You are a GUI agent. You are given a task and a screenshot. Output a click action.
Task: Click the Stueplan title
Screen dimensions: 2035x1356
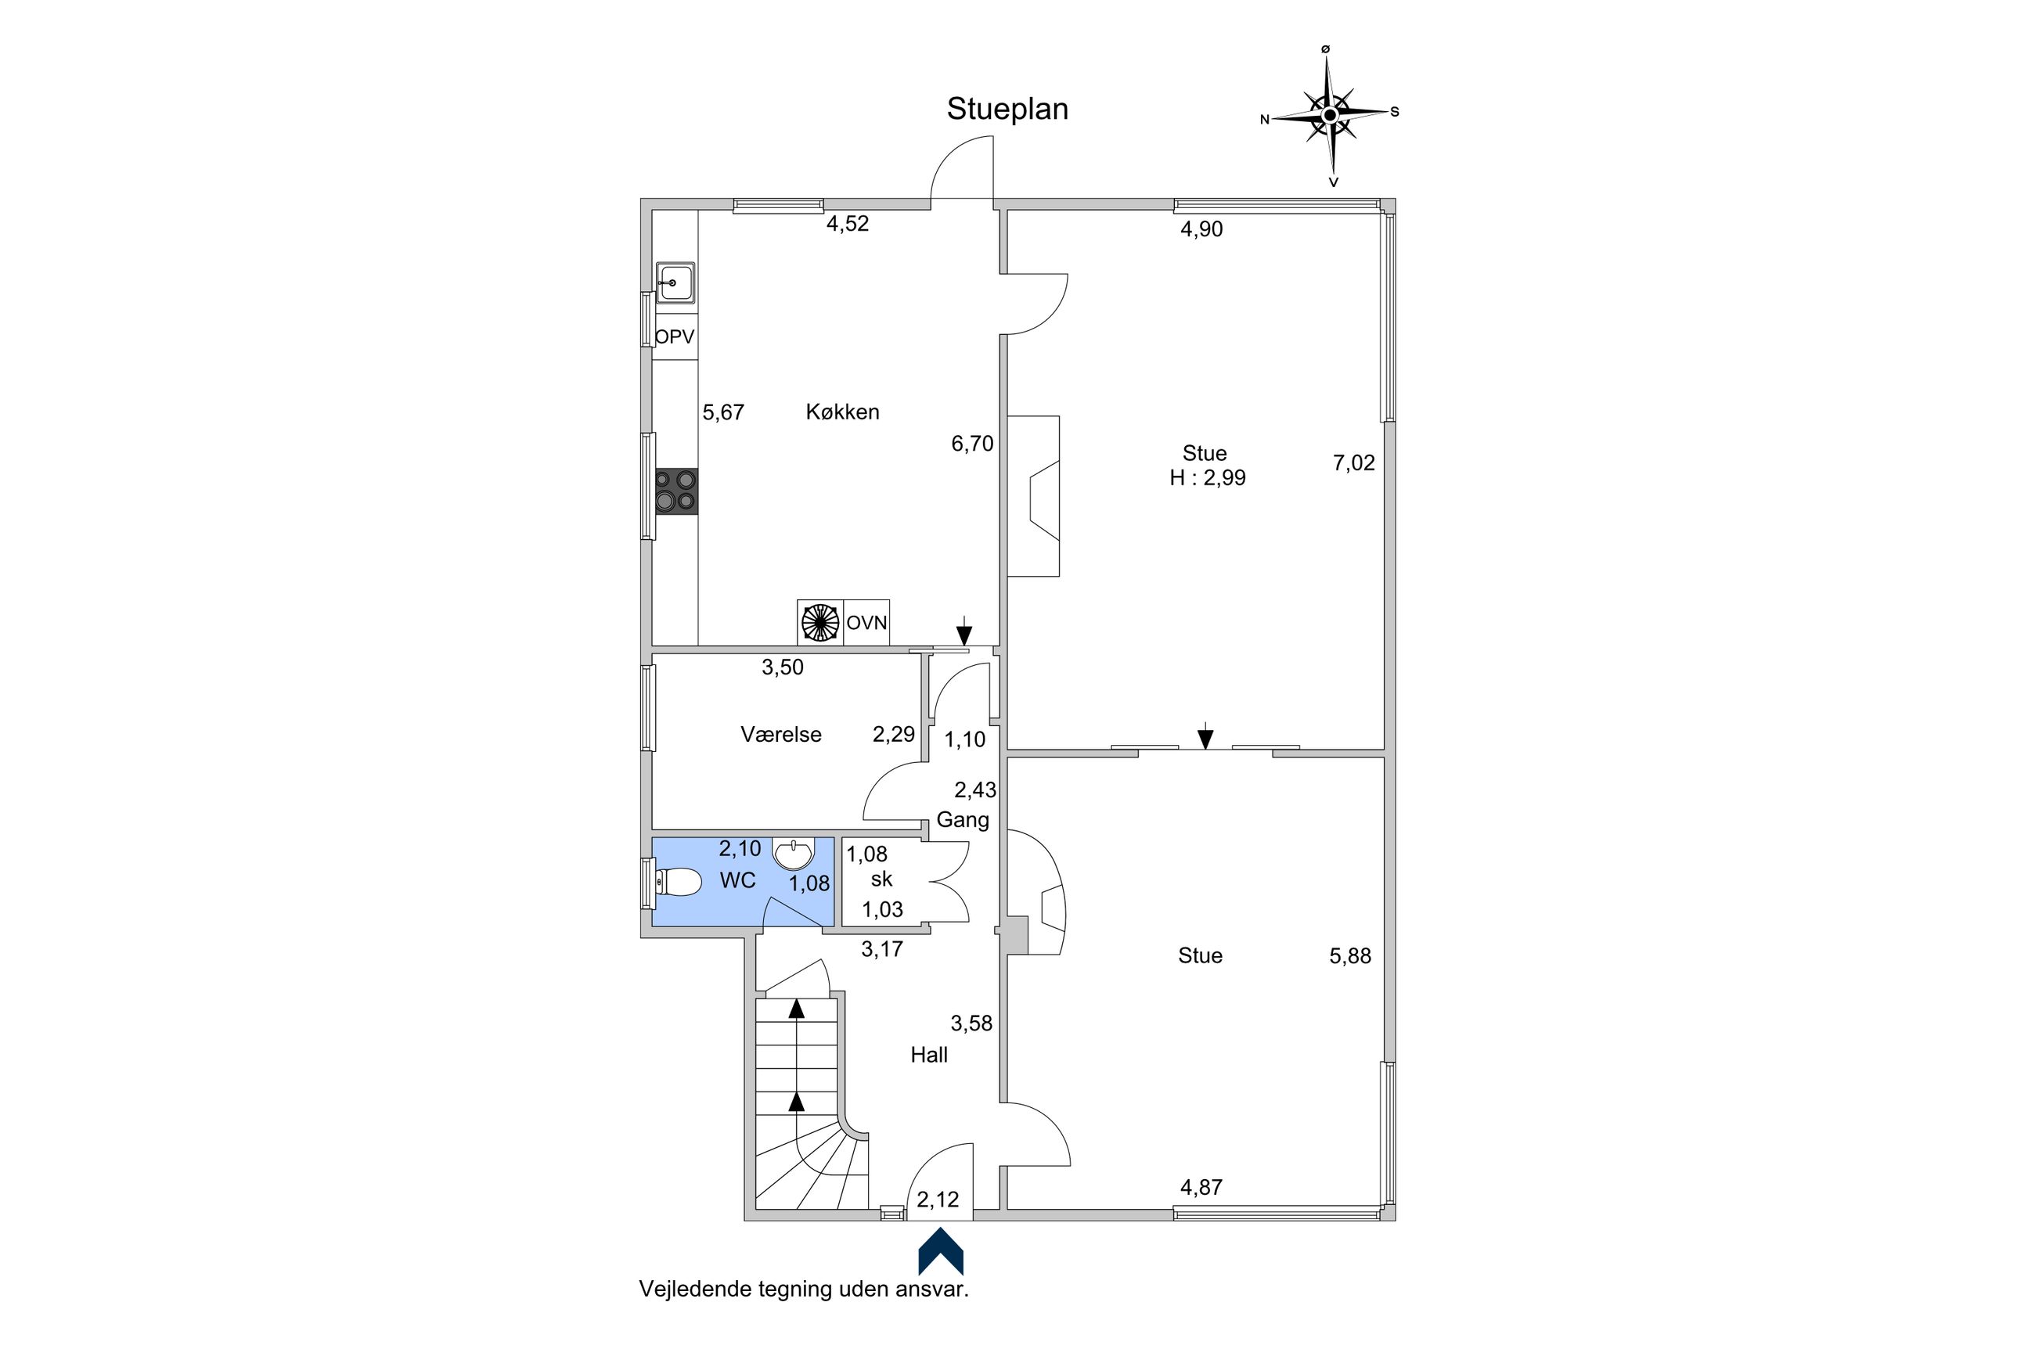pos(1007,110)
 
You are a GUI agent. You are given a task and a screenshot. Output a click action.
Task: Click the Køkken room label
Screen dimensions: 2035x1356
pos(842,412)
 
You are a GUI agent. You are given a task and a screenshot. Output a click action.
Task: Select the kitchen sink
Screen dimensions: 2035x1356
pos(675,282)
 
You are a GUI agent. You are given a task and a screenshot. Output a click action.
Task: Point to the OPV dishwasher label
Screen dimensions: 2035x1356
pos(675,336)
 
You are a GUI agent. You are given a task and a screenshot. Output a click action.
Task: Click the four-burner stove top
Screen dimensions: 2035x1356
pos(675,491)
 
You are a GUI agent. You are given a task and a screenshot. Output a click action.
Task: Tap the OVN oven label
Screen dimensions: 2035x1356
pos(866,623)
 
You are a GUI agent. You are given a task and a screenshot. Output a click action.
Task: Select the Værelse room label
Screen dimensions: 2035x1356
pos(781,734)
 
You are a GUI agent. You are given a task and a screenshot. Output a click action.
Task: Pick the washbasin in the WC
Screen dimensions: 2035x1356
pos(793,854)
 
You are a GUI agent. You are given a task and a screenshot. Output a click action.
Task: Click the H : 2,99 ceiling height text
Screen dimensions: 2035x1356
pos(1208,478)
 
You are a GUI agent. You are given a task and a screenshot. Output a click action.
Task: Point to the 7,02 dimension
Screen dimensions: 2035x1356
pos(1353,462)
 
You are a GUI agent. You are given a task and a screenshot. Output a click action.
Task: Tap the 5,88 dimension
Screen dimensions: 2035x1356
pos(1350,955)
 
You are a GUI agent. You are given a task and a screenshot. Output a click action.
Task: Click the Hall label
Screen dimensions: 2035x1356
pos(929,1055)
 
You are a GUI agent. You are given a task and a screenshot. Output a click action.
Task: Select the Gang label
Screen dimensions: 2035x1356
pos(963,820)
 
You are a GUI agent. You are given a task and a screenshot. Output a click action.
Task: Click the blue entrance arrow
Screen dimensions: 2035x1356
pos(940,1252)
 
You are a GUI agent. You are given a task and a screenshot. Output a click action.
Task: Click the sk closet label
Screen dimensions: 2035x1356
pos(881,879)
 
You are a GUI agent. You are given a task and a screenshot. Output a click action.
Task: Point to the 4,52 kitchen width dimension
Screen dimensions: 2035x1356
pos(848,224)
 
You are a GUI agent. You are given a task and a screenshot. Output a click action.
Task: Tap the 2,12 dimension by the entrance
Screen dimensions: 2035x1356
pos(938,1200)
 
